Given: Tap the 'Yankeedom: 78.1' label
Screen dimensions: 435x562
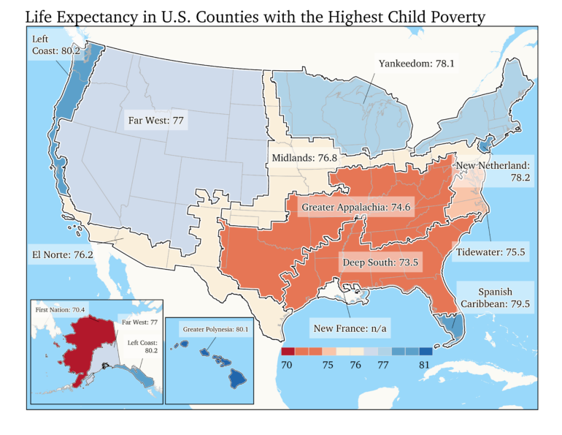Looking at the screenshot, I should tap(416, 64).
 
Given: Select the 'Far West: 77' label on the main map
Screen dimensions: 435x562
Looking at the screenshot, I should tap(155, 120).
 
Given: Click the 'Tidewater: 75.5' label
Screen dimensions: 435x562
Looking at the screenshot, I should tap(491, 252).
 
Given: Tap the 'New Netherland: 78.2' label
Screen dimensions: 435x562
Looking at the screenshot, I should tap(494, 173).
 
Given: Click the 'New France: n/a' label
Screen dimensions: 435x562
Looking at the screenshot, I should tap(350, 328).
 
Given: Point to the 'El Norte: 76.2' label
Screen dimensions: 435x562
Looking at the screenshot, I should tap(62, 256).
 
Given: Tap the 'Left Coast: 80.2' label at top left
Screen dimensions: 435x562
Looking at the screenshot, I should tap(55, 45).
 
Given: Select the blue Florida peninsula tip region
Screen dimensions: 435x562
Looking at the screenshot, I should tap(453, 329).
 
